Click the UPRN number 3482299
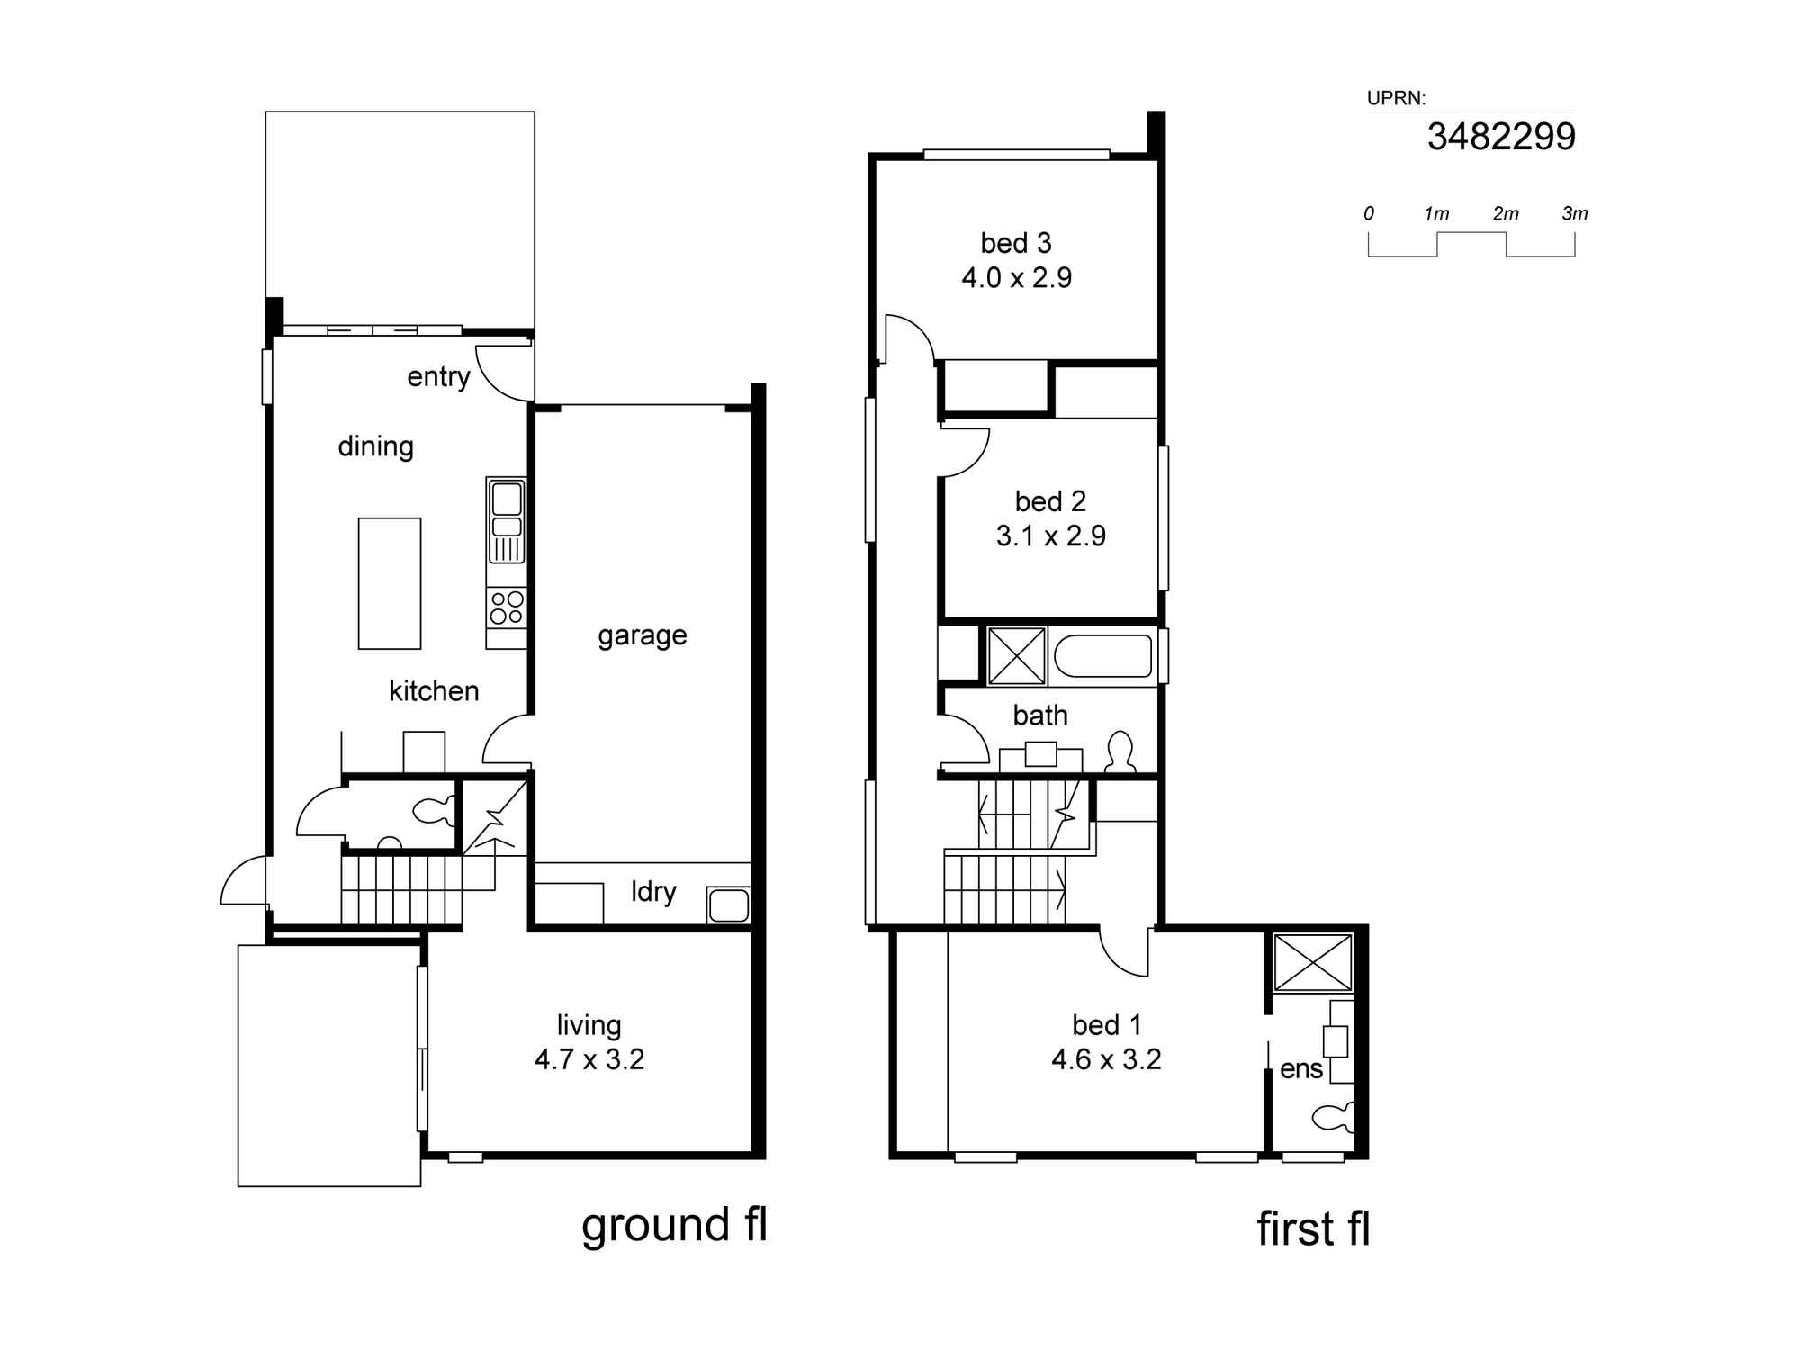pyautogui.click(x=1501, y=137)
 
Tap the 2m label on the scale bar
pyautogui.click(x=1506, y=214)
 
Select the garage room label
pyautogui.click(x=643, y=636)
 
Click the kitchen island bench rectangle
pyautogui.click(x=390, y=583)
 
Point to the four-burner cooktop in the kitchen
pyautogui.click(x=507, y=607)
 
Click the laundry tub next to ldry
pyautogui.click(x=728, y=904)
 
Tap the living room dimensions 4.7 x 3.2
pyautogui.click(x=589, y=1059)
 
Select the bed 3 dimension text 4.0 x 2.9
pyautogui.click(x=1017, y=277)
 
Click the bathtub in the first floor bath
pyautogui.click(x=1102, y=657)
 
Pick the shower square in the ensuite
pyautogui.click(x=1313, y=963)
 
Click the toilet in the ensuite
pyautogui.click(x=1334, y=1117)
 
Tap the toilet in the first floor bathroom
pyautogui.click(x=1120, y=752)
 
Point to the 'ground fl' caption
pyautogui.click(x=674, y=1226)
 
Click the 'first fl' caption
pyautogui.click(x=1313, y=1228)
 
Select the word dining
pyautogui.click(x=376, y=446)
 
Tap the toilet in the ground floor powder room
pyautogui.click(x=435, y=811)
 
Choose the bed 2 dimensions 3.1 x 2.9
pyautogui.click(x=1051, y=535)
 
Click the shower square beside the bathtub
pyautogui.click(x=1017, y=656)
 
